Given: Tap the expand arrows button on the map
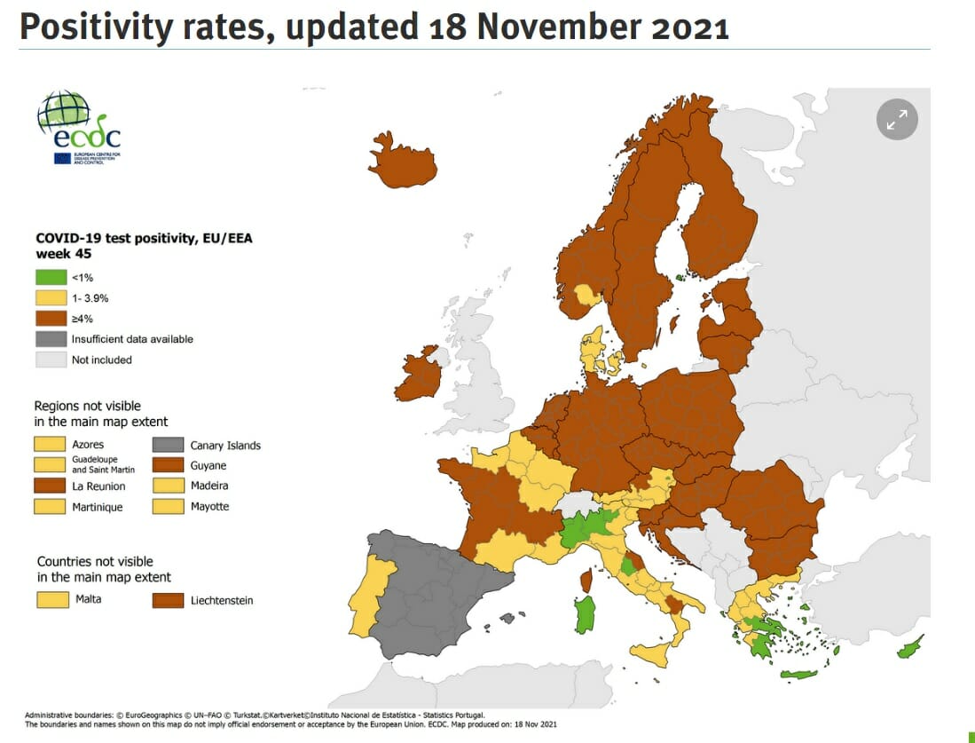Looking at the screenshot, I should (x=897, y=119).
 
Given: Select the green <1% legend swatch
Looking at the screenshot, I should (x=51, y=278).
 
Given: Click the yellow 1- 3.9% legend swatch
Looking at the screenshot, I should (x=51, y=298).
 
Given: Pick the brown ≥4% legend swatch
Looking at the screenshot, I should (x=51, y=319).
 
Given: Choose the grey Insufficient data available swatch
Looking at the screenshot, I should (x=51, y=339).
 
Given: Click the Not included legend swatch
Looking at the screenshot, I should (x=51, y=360).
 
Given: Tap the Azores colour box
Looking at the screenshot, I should (x=50, y=444).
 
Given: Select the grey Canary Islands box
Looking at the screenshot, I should (x=169, y=445).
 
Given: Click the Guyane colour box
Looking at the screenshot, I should (x=169, y=465).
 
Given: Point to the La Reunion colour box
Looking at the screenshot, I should (x=50, y=486).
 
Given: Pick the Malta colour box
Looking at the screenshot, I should (x=52, y=599).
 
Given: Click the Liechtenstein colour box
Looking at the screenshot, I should (x=169, y=600).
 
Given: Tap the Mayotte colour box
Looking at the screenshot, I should (x=169, y=506).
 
